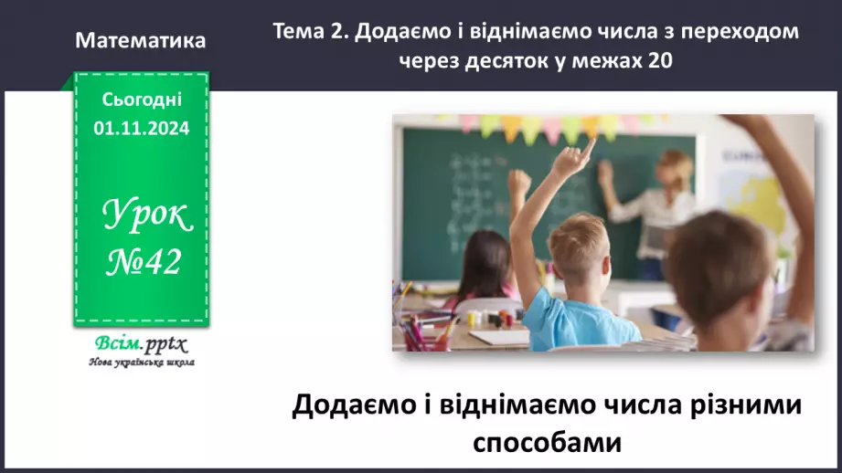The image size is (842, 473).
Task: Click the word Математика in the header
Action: coord(141,41)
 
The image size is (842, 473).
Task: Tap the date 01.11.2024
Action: coord(141,129)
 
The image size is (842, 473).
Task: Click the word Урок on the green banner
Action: coord(146,215)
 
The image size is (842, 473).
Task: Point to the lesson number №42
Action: coord(143,263)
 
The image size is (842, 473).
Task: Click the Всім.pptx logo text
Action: coord(140,345)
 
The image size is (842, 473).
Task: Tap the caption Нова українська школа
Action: coord(141,363)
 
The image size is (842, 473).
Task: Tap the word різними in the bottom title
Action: coord(741,405)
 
